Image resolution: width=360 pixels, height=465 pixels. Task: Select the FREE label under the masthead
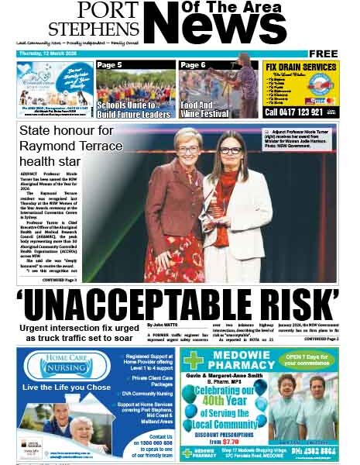click(323, 53)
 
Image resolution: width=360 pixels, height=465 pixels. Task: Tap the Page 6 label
click(193, 65)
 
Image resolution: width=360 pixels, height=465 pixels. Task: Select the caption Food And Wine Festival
click(204, 109)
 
